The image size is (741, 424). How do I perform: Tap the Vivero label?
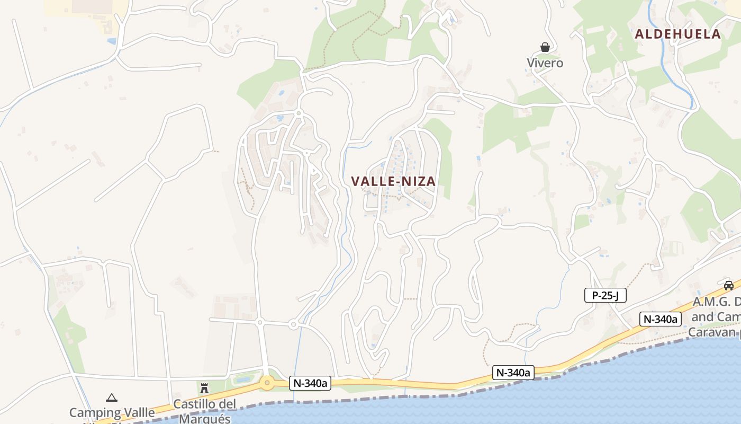(x=545, y=63)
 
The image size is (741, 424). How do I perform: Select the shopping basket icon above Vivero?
(x=545, y=47)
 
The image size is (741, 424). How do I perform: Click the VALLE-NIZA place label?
(x=393, y=181)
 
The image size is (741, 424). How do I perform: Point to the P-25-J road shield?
(x=605, y=295)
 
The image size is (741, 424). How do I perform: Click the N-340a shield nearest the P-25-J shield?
(x=660, y=319)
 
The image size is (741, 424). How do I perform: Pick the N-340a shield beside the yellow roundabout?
(x=310, y=383)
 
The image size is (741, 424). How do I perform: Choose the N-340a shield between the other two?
(x=513, y=373)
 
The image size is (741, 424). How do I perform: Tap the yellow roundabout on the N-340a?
(x=267, y=382)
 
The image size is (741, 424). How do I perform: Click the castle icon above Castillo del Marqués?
(x=204, y=388)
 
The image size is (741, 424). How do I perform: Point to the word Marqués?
(x=205, y=418)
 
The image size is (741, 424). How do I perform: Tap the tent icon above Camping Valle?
(x=111, y=397)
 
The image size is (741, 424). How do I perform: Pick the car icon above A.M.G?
(x=729, y=286)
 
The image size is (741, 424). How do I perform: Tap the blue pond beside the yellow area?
(x=111, y=41)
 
